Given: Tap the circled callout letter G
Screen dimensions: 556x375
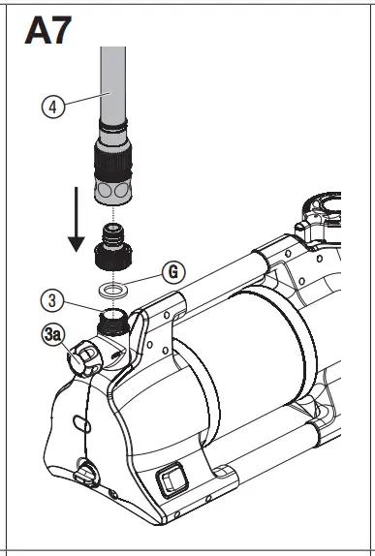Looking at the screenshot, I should (172, 272).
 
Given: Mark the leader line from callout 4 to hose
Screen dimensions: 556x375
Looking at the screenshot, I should (82, 99).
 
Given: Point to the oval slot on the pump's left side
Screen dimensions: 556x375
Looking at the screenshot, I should (84, 423).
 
